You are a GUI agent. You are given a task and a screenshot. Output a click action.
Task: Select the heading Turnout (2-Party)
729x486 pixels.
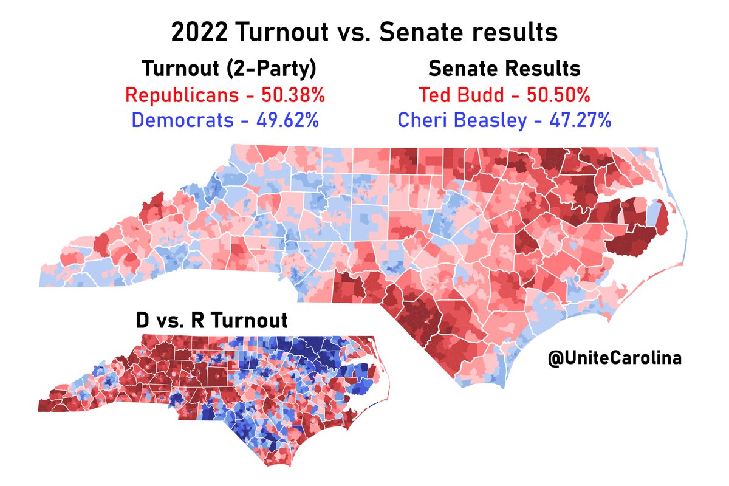click(x=228, y=69)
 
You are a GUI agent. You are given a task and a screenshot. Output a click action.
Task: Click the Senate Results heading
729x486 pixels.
click(x=504, y=69)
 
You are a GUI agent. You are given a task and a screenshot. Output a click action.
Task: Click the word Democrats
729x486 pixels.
click(x=182, y=120)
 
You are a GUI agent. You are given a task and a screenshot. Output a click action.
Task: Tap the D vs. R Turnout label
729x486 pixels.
click(x=211, y=320)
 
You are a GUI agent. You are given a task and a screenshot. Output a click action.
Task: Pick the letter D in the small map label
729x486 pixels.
click(x=143, y=320)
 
